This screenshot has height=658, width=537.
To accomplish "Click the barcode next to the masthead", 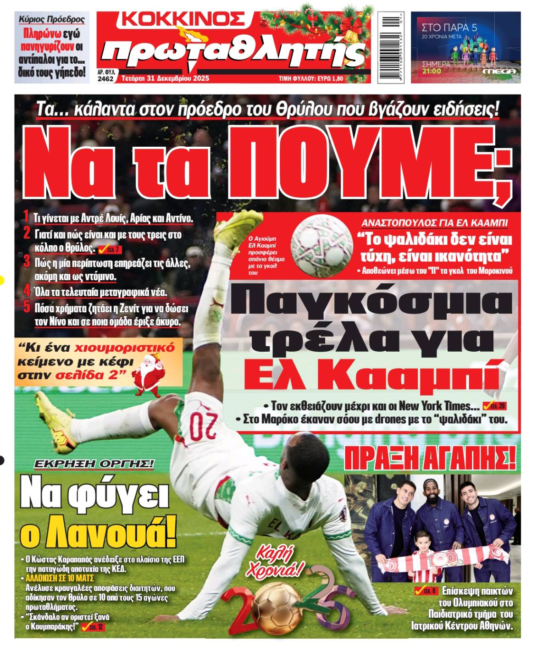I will pyautogui.click(x=391, y=47).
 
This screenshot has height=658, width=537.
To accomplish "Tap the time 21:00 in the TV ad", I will pyautogui.click(x=432, y=71).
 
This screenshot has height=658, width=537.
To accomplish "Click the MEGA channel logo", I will pyautogui.click(x=500, y=72).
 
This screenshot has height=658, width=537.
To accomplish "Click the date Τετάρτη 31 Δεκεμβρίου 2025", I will pyautogui.click(x=166, y=78).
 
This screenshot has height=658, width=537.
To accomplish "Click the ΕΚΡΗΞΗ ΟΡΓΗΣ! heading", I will pyautogui.click(x=94, y=464).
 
